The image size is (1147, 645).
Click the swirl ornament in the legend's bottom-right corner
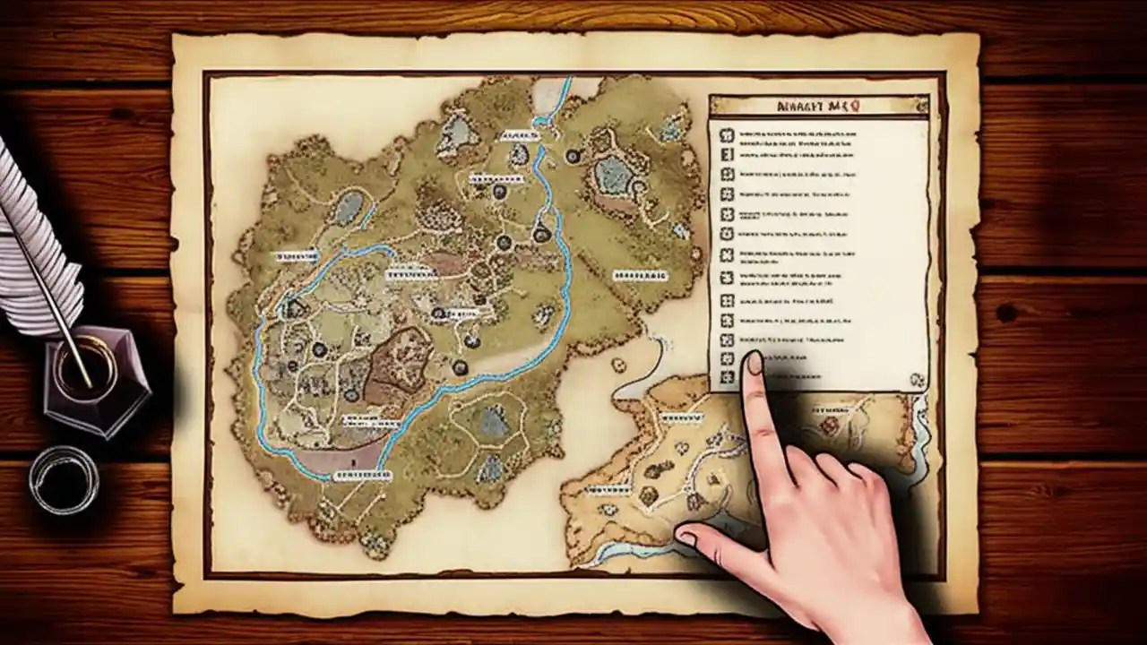pos(917,380)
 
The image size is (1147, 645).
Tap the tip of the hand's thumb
pos(687,537)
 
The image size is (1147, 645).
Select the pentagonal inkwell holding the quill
pos(96,377)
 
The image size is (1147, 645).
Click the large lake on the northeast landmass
pos(615,172)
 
